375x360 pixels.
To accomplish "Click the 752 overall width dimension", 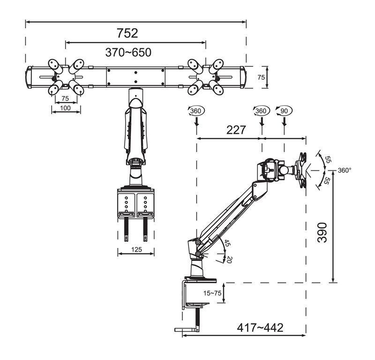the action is point(127,33).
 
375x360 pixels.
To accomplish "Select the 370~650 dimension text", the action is point(128,52).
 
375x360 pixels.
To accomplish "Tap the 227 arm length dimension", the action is point(236,130).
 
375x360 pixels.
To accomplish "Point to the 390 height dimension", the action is point(322,232).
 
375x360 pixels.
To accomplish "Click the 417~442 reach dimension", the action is point(260,328).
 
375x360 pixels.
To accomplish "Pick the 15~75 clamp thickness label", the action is point(212,293).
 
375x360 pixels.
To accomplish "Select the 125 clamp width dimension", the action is point(136,250).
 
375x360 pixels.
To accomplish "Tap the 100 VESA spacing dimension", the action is point(65,108).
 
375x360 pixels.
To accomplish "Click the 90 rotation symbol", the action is point(284,111).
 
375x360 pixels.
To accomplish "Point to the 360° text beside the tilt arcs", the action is point(345,170).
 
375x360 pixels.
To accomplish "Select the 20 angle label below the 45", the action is point(229,260).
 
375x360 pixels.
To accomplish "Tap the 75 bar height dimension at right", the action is point(261,77).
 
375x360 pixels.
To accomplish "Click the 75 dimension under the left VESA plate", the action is point(65,99).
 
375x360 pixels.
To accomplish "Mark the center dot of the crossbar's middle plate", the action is point(135,72).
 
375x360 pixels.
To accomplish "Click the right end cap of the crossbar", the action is point(242,77).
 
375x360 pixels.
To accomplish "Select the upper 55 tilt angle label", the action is point(328,159).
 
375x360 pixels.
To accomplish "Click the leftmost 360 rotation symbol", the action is point(196,111).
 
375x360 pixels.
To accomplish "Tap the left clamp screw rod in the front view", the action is point(126,229).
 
